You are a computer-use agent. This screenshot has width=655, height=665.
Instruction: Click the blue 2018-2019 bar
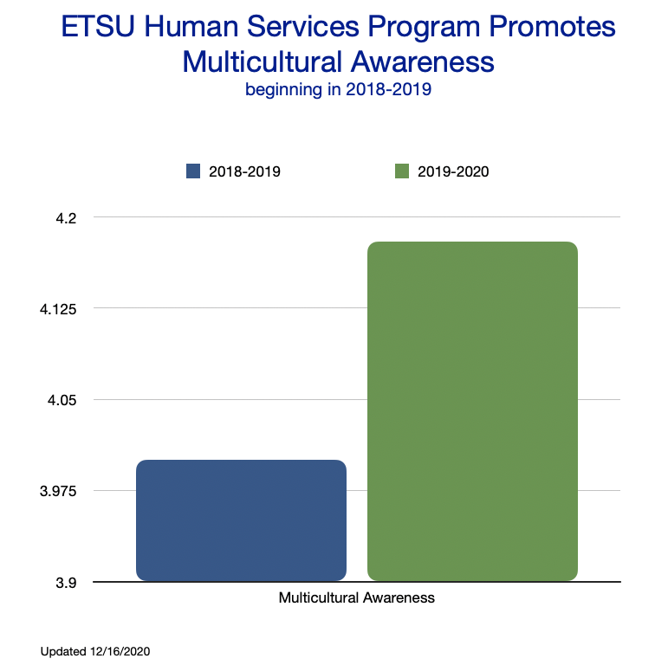(241, 520)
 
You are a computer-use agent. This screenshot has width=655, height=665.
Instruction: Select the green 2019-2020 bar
(472, 410)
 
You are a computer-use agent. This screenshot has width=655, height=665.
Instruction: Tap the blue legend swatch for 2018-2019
(193, 171)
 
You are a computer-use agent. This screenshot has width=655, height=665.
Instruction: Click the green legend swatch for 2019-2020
(401, 171)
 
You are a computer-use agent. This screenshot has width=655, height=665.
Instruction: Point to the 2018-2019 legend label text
(244, 171)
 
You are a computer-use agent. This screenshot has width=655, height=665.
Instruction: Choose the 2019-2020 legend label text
(453, 171)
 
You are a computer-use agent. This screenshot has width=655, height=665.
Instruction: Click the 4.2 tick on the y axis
(66, 217)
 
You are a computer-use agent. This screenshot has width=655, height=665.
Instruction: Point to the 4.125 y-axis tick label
(59, 309)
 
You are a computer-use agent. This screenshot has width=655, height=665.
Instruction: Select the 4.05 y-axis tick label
(62, 400)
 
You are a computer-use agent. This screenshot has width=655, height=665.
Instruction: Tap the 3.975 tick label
(59, 492)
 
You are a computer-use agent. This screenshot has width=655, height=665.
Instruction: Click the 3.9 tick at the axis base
(66, 583)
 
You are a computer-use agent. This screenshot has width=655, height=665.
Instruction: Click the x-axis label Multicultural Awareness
(356, 597)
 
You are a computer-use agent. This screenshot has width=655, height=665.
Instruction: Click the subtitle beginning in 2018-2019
(338, 90)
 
